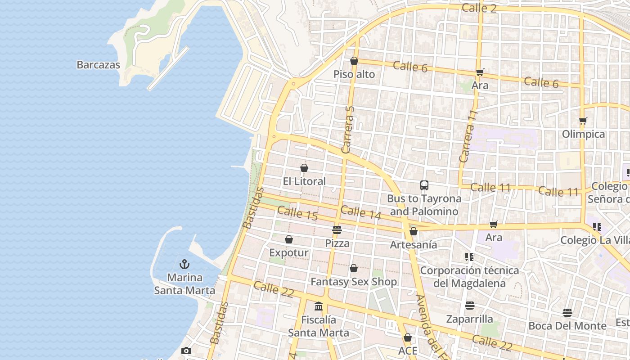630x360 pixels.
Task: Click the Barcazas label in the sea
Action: click(98, 65)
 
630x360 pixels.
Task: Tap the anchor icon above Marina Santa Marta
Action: click(184, 264)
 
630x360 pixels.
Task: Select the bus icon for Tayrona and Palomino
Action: click(424, 185)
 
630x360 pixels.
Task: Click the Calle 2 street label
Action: click(479, 8)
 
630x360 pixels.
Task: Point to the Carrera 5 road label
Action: click(349, 130)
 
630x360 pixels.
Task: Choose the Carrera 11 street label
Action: click(468, 136)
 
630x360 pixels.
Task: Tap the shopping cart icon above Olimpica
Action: click(583, 121)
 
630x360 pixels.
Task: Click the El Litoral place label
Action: click(304, 181)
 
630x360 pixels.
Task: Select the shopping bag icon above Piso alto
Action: click(354, 61)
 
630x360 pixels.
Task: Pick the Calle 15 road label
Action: click(297, 213)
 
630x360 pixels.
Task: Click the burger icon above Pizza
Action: click(337, 230)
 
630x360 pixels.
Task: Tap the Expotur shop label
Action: click(289, 253)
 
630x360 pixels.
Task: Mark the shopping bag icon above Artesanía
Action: click(413, 231)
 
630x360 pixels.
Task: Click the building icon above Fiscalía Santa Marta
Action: click(319, 306)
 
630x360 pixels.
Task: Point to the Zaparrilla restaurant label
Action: click(469, 319)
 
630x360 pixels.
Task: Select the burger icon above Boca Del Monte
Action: click(567, 313)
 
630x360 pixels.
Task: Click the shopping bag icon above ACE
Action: click(408, 337)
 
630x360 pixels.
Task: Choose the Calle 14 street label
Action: click(361, 212)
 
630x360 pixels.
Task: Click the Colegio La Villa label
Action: click(594, 240)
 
